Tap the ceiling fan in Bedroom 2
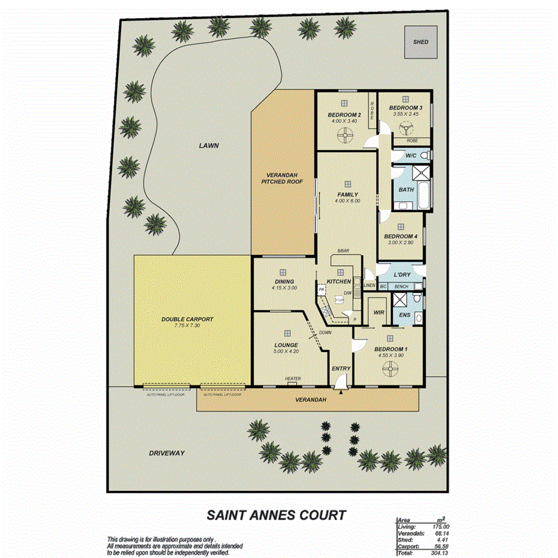point(344,137)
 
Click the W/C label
point(411,156)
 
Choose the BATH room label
point(407,190)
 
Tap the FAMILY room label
point(347,195)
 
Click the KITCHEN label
point(338,281)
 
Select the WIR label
point(378,313)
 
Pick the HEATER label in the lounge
point(293,378)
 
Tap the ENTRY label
point(341,369)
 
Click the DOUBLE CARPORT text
point(187,319)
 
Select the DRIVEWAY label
point(166,453)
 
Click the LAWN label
point(210,145)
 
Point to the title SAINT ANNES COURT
point(276,514)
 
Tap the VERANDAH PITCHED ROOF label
point(281,178)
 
